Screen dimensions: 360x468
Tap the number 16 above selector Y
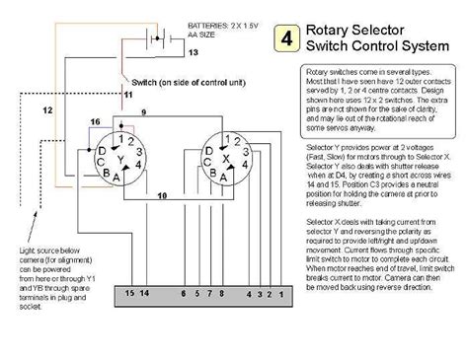coord(95,120)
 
